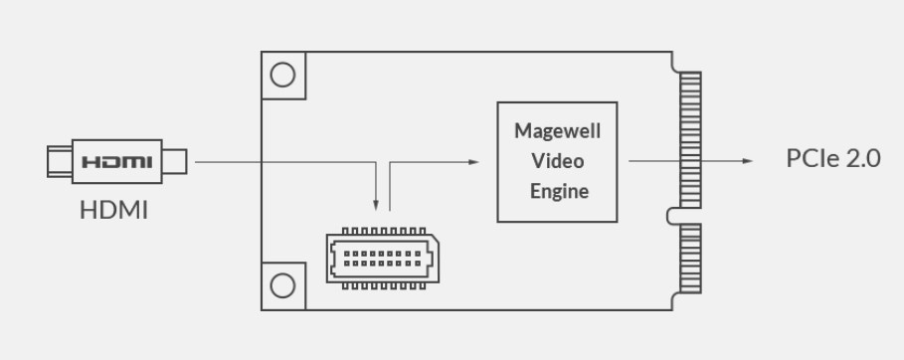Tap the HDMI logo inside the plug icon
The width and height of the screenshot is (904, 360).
(x=116, y=161)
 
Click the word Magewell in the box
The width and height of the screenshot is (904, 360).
(x=557, y=131)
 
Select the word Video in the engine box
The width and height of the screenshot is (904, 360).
(x=557, y=160)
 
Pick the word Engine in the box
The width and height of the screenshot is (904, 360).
(x=557, y=189)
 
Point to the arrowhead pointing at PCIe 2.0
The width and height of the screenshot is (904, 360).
(x=748, y=160)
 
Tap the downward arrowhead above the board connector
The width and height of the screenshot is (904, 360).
(x=376, y=207)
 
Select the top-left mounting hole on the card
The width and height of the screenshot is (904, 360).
(x=283, y=75)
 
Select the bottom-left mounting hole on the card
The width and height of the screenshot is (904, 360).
(x=283, y=285)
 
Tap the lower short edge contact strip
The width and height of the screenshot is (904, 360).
(x=689, y=258)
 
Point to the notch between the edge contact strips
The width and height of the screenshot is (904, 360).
(x=675, y=214)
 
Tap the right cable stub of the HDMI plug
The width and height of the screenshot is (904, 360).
(x=176, y=160)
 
